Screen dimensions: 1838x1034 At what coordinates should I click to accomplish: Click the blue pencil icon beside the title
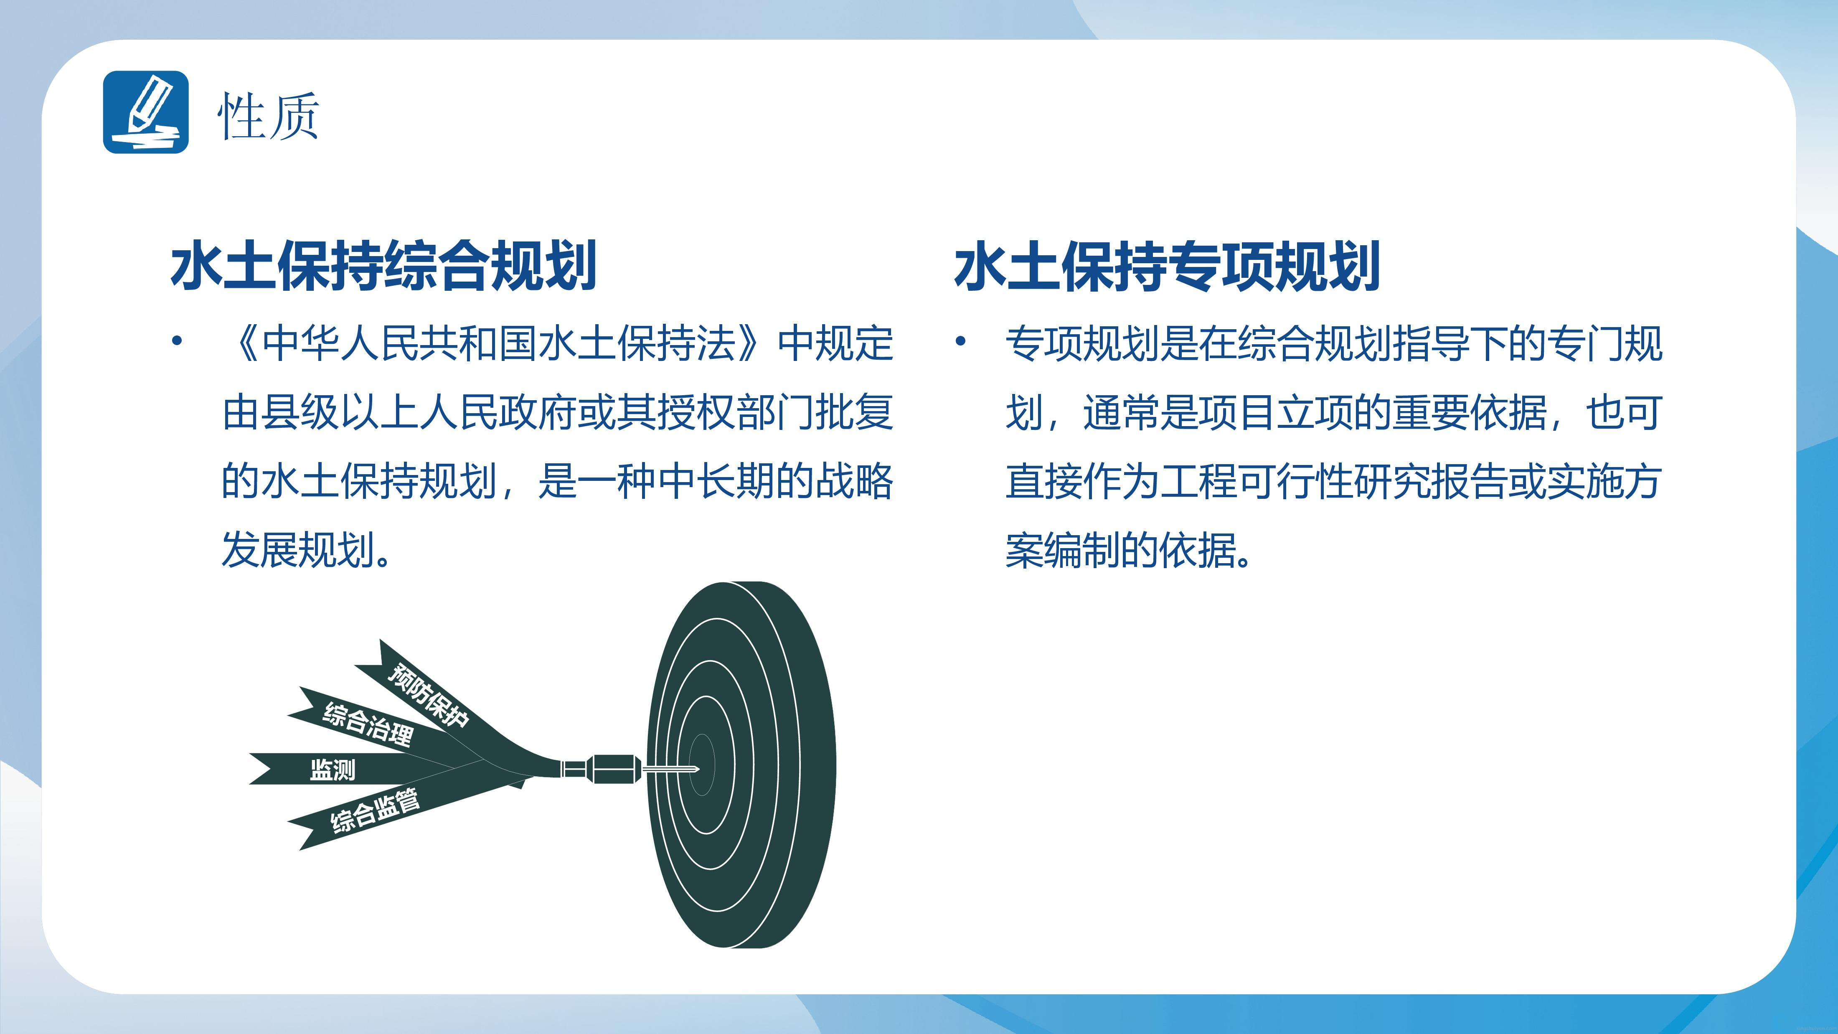click(145, 112)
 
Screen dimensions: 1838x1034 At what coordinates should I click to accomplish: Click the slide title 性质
click(268, 116)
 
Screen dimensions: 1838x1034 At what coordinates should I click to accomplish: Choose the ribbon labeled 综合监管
click(375, 810)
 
